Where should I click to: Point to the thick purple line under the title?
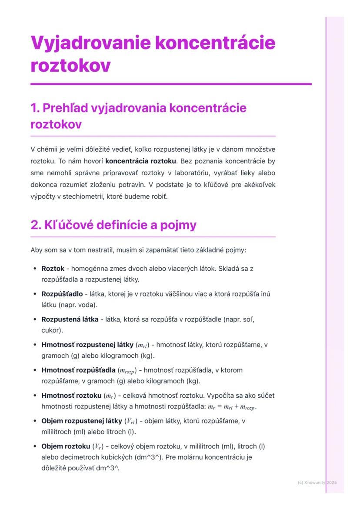(x=171, y=83)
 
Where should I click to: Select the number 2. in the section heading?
(x=37, y=225)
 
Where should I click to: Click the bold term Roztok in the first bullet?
(x=53, y=269)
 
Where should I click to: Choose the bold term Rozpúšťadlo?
(x=62, y=294)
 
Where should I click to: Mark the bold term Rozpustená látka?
(x=70, y=319)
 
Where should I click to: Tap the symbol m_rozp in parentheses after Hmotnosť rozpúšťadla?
(x=127, y=371)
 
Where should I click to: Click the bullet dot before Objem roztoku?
(x=34, y=447)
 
